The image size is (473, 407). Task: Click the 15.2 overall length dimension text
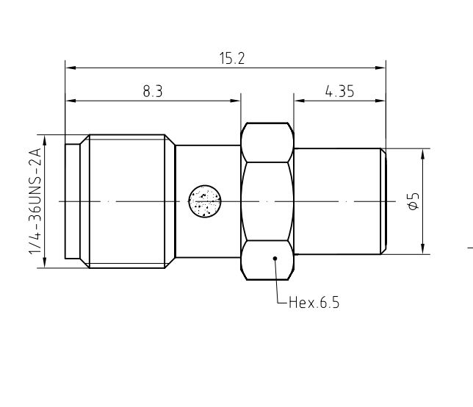[231, 59]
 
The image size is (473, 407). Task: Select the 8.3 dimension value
[152, 90]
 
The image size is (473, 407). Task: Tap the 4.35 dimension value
[339, 90]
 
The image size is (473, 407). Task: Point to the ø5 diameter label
[413, 201]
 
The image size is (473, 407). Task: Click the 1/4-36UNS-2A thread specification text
[35, 201]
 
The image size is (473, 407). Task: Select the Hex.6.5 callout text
[314, 302]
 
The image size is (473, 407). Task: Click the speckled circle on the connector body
[205, 201]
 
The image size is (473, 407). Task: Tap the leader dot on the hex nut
[275, 258]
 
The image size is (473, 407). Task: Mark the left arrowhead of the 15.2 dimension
[71, 68]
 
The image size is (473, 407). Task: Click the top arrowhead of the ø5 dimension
[423, 154]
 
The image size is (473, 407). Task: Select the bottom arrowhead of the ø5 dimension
[423, 249]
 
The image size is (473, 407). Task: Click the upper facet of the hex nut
[267, 143]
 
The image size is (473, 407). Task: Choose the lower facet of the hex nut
[267, 260]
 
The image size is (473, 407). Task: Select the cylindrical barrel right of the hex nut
[336, 201]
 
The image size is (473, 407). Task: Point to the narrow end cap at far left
[73, 201]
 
